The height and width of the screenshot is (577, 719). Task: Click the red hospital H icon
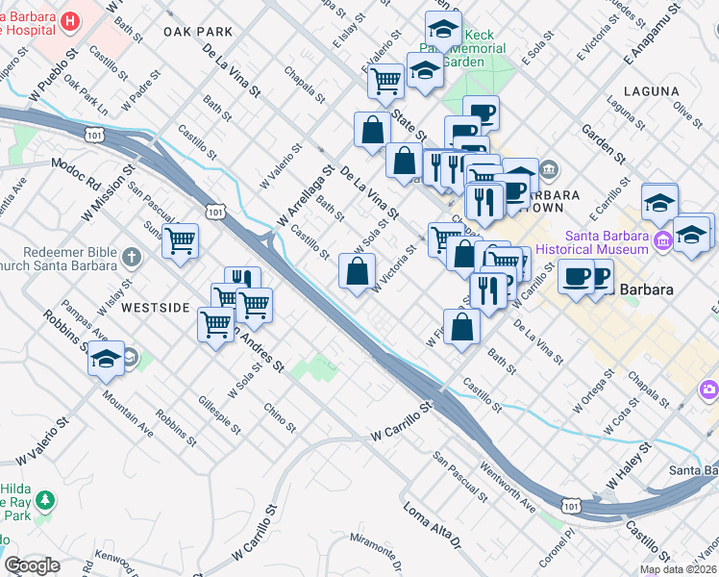point(70,20)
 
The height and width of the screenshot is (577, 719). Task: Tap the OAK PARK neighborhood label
point(199,32)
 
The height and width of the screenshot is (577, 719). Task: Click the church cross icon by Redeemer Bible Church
point(132,258)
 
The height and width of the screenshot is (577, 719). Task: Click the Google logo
point(33,565)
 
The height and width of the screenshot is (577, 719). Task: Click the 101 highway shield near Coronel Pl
point(573,504)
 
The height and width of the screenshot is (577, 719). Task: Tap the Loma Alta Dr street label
point(434,525)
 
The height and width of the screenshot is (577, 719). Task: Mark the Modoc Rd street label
point(76,174)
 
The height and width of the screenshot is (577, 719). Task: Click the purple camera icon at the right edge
point(709,390)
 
